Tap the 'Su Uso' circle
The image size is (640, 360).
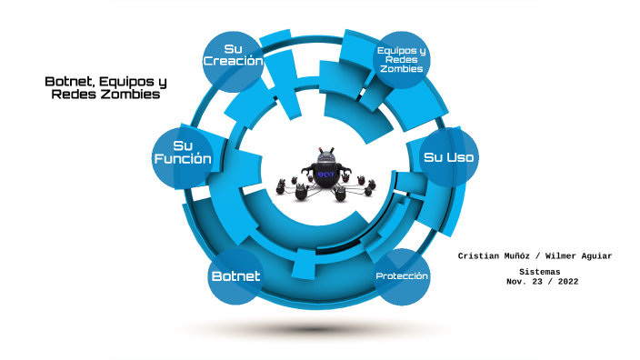pos(449,157)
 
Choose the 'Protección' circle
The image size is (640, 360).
pos(402,275)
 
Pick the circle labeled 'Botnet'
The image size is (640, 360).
pos(235,275)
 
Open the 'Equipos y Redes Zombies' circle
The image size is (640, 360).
pos(402,60)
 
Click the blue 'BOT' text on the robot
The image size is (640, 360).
pos(325,173)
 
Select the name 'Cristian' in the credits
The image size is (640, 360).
pos(481,256)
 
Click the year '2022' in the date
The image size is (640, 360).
pos(564,282)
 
